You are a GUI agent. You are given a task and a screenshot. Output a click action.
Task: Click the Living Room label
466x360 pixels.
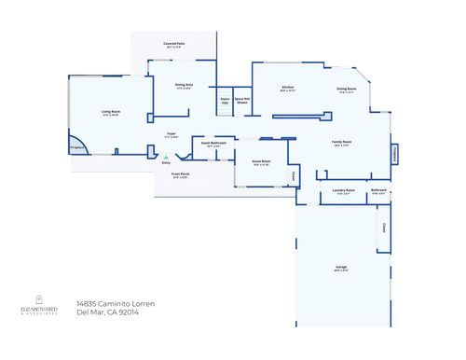[112, 111]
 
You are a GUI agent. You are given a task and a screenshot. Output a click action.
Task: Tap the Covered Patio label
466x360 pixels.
[174, 44]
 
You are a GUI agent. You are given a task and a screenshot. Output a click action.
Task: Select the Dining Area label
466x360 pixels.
[184, 85]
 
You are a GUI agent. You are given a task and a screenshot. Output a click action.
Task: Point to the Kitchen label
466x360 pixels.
[288, 88]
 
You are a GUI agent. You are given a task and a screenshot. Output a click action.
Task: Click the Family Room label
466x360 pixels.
[340, 142]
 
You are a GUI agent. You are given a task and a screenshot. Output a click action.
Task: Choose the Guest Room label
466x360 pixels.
[261, 161]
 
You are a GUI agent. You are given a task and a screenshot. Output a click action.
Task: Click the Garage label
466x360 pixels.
[342, 267]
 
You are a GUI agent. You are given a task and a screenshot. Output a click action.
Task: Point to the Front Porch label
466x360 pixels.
[180, 174]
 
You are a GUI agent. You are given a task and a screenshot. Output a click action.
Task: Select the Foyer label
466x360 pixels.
[171, 133]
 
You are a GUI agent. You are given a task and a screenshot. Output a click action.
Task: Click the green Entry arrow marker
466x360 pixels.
[166, 158]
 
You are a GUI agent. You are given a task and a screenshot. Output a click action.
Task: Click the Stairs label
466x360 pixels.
[226, 99]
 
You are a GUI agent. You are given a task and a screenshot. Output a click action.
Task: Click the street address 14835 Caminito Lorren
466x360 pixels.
[116, 304]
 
